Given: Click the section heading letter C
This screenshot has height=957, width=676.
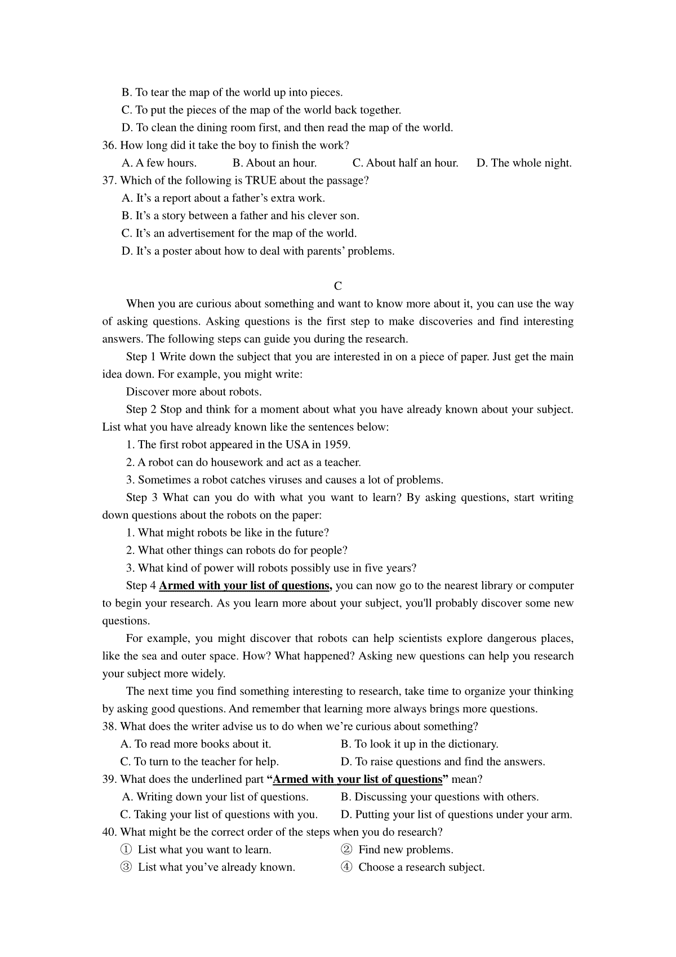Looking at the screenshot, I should (338, 286).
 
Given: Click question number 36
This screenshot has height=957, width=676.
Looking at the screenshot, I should (109, 145).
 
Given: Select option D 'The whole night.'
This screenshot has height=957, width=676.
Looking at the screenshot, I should (524, 163).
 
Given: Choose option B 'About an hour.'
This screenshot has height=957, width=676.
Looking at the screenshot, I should (274, 163).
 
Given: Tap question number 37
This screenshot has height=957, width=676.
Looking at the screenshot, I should (109, 181).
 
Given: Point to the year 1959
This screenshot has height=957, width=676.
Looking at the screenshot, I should (336, 445).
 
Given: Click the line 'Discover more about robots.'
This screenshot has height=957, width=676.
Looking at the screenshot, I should (194, 392).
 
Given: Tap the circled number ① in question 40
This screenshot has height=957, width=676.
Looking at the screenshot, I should (126, 850).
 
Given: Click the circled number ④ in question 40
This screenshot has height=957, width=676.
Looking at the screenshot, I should (346, 867).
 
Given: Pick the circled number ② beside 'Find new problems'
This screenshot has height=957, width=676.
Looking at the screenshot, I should (346, 850).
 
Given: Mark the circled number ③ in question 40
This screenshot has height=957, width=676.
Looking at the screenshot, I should (126, 867).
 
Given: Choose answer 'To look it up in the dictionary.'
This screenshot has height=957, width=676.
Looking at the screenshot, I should (420, 745).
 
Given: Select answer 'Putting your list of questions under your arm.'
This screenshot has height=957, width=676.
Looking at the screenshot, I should (456, 815).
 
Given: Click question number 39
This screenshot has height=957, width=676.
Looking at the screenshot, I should (109, 779).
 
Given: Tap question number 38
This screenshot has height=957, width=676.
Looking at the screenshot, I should (109, 727).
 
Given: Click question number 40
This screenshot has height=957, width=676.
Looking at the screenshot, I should (109, 832).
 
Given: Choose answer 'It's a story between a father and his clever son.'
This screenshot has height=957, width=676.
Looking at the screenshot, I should (241, 216).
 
